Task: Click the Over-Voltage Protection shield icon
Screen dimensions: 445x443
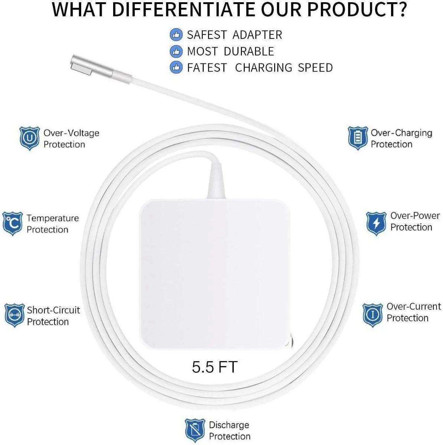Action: pyautogui.click(x=29, y=138)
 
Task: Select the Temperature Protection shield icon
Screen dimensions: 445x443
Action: pyautogui.click(x=12, y=224)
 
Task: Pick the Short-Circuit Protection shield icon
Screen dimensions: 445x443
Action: pyautogui.click(x=14, y=315)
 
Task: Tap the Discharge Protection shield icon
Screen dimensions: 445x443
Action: pyautogui.click(x=195, y=430)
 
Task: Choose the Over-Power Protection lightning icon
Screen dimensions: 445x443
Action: pyautogui.click(x=376, y=223)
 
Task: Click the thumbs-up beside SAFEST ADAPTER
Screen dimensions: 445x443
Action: pyautogui.click(x=176, y=35)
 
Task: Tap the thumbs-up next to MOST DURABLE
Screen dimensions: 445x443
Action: pyautogui.click(x=176, y=51)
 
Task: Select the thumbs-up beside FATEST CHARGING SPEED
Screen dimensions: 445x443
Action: pyautogui.click(x=176, y=67)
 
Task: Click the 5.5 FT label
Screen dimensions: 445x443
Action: pyautogui.click(x=214, y=367)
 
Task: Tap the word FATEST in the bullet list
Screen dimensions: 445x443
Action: pyautogui.click(x=207, y=67)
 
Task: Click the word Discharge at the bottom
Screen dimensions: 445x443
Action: pyautogui.click(x=229, y=425)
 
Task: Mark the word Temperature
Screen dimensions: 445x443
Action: pyautogui.click(x=53, y=218)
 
